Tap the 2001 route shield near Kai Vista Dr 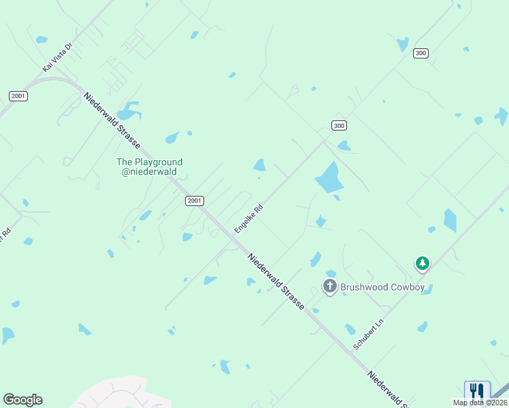pos(18,96)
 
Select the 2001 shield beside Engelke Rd pos(194,201)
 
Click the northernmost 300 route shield pos(421,53)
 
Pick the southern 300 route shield pos(340,125)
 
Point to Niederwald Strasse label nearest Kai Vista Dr pos(112,121)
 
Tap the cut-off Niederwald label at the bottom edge pos(387,389)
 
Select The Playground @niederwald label pos(150,167)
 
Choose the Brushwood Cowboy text pos(382,287)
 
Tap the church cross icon pos(330,286)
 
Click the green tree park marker pos(423,262)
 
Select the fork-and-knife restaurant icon pos(477,391)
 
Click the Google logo pos(22,400)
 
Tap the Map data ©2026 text pos(480,403)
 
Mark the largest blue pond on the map pos(329,178)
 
